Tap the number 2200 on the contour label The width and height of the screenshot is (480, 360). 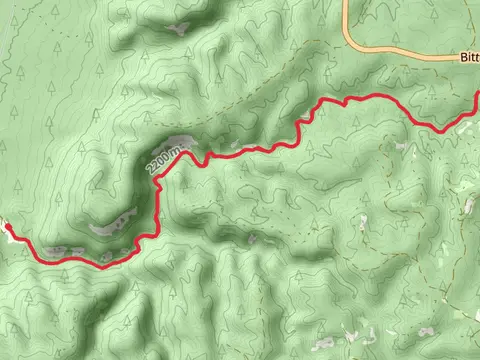tap(160, 161)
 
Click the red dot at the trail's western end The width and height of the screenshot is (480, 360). tap(7, 228)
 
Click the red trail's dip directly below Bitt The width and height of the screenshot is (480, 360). tap(440, 128)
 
